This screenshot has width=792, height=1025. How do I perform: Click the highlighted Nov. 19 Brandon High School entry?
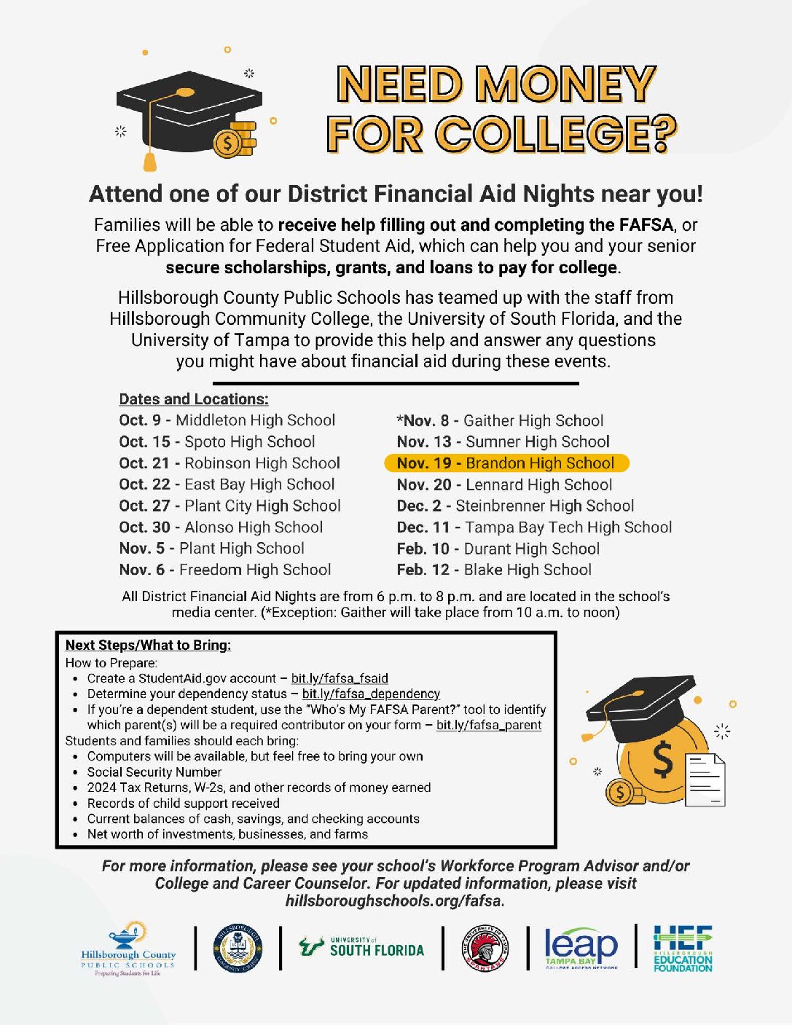pos(506,463)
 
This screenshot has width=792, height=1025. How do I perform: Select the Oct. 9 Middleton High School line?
pos(227,420)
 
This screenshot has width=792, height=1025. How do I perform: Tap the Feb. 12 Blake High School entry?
pos(493,570)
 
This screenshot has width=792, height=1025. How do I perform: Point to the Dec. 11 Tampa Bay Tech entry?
pos(534,527)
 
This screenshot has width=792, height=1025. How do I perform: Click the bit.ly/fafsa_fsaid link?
pos(340,678)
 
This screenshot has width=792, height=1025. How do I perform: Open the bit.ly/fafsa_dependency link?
pos(371,694)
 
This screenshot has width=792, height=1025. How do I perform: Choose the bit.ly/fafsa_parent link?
pos(488,725)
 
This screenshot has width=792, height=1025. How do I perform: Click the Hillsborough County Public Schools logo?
pos(128,949)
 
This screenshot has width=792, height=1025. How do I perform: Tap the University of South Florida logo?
pos(361,948)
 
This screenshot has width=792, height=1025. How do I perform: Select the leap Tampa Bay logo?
pos(581,948)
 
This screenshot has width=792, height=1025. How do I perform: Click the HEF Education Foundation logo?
pos(683,948)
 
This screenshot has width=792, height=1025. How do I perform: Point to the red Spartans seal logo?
pos(485,949)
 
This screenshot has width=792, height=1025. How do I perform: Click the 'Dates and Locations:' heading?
pos(194,399)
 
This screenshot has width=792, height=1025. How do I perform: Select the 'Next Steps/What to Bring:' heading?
pos(148,645)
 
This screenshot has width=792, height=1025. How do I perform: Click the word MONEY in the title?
pos(566,85)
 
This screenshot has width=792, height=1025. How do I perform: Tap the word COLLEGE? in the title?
pos(556,135)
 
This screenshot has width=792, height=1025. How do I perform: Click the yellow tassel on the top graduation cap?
pos(150,157)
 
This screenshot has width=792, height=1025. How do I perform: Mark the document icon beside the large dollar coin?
pos(705,780)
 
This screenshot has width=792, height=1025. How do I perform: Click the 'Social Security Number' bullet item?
pos(154,771)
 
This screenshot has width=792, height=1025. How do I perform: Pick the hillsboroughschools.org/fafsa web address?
pos(394,901)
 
